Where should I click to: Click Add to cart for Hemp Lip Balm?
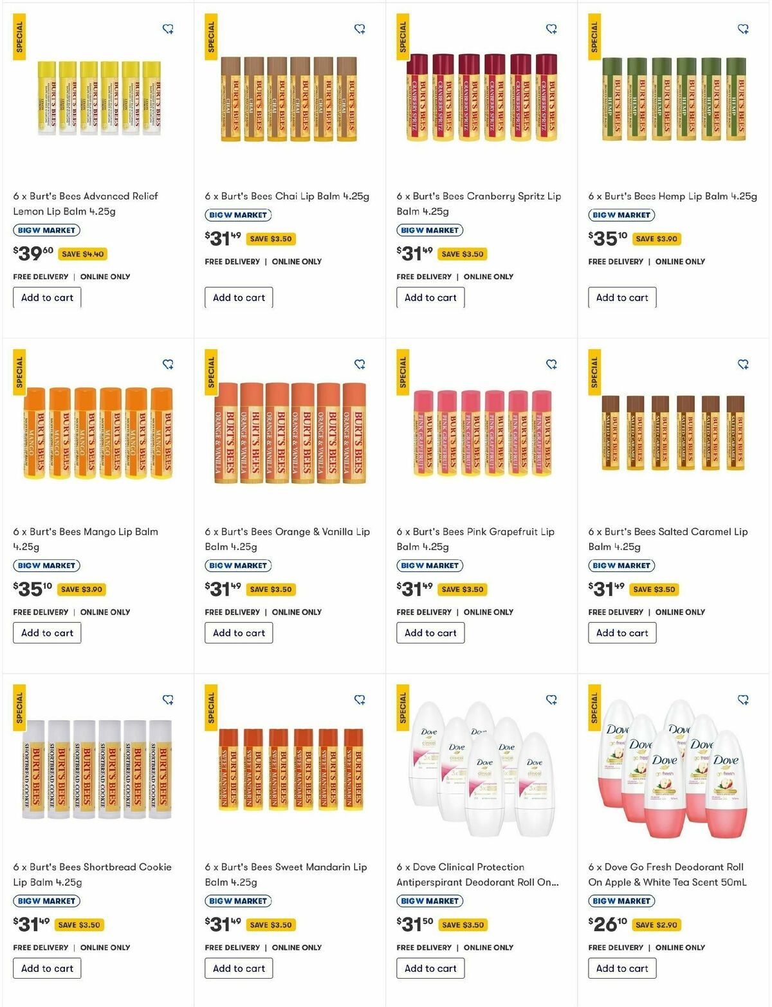(x=621, y=297)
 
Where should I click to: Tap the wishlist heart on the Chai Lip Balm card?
(x=360, y=29)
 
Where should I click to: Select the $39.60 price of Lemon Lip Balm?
(x=33, y=254)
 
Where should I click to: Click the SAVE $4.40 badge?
(x=82, y=254)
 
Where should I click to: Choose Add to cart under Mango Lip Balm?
(x=47, y=633)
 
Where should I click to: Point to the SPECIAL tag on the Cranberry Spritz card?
(x=403, y=37)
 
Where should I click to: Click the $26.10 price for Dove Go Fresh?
(x=608, y=925)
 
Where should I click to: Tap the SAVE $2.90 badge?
(x=656, y=925)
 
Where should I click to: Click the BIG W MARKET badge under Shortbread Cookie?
(x=46, y=901)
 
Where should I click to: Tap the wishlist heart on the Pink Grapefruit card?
(x=551, y=364)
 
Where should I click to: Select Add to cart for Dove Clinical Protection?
(x=430, y=968)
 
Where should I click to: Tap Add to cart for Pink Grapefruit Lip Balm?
(x=430, y=633)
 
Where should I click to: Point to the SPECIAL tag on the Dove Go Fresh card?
(x=594, y=708)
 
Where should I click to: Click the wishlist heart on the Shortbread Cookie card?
(x=168, y=699)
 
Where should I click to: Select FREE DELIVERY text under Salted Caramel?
(x=616, y=612)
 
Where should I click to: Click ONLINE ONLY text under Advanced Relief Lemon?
(x=105, y=277)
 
